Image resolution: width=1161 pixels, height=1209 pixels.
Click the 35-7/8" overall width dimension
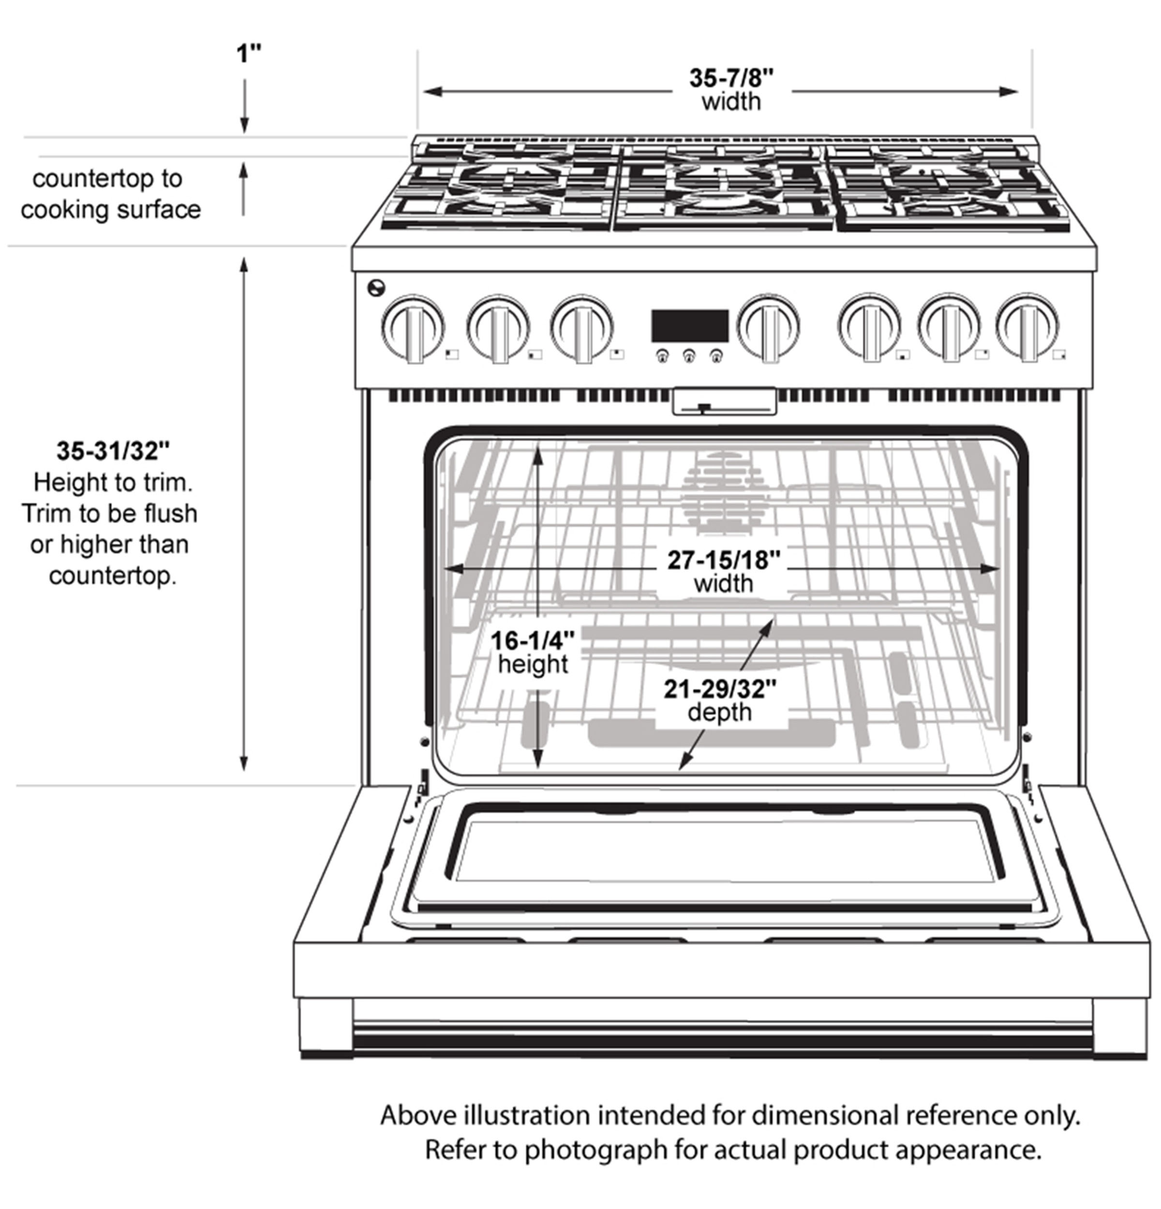[x=731, y=78]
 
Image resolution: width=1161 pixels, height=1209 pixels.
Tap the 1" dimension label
[x=249, y=54]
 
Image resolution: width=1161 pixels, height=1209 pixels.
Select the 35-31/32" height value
[x=113, y=451]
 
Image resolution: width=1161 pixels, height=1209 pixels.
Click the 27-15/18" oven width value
[x=724, y=560]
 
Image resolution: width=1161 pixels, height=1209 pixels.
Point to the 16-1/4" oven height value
[x=533, y=641]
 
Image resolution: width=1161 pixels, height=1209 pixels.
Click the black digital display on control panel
[x=690, y=325]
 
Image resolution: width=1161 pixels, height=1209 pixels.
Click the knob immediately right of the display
[x=768, y=326]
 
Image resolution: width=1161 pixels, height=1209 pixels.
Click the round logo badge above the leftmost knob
[x=375, y=287]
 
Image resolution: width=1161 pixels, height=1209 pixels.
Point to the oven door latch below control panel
[x=724, y=402]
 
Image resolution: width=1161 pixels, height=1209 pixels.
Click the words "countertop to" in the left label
[x=107, y=179]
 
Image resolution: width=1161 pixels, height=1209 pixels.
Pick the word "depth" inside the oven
[x=719, y=712]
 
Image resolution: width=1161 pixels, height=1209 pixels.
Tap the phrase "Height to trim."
[x=113, y=482]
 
